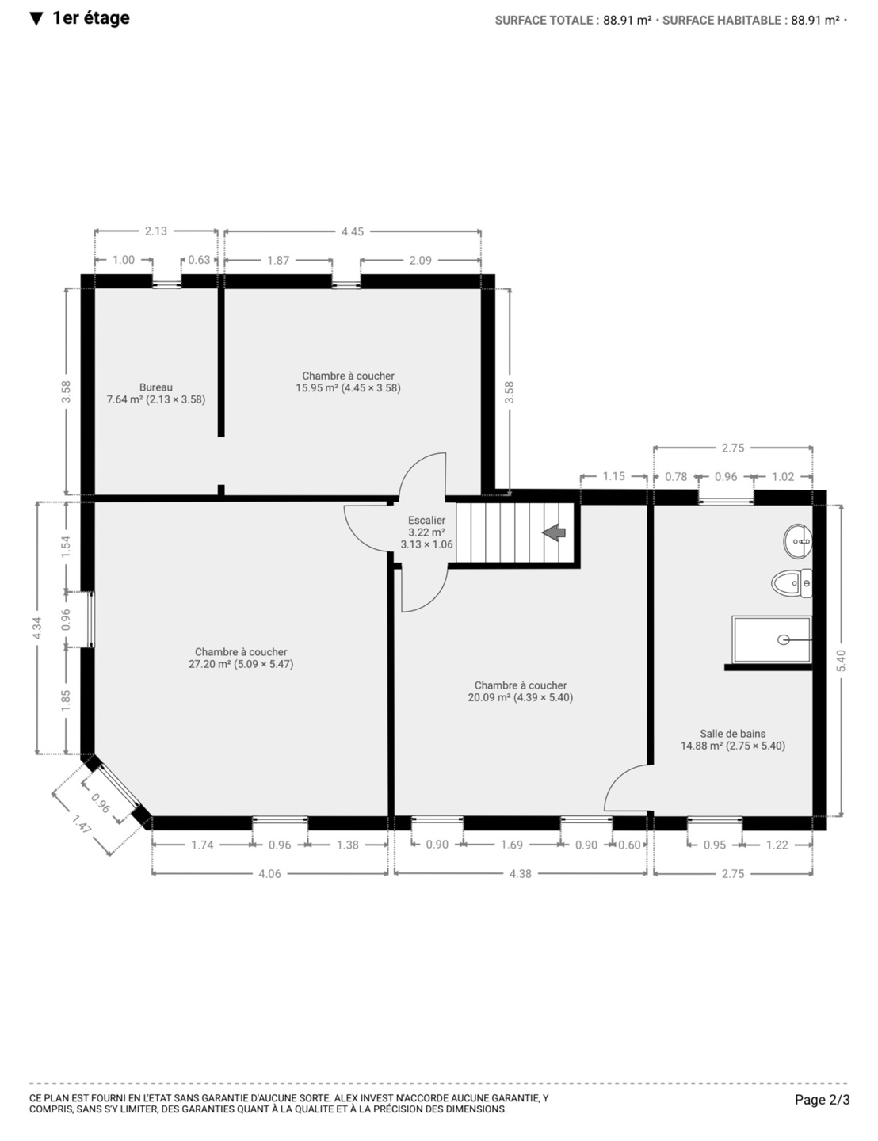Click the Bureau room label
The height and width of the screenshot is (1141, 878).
[x=156, y=387]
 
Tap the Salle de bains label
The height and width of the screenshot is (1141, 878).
[x=732, y=734]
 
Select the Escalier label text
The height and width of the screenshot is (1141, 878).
[x=426, y=520]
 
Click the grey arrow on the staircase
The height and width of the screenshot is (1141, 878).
[x=553, y=532]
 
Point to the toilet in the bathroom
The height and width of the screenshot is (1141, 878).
[x=792, y=583]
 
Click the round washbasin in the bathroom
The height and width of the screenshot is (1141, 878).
[x=798, y=541]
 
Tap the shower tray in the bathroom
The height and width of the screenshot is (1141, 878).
[x=771, y=639]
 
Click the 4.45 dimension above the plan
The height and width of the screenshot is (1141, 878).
[x=353, y=231]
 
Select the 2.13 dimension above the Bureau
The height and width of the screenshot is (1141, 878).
[x=155, y=231]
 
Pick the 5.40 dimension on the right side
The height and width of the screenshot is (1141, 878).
[x=841, y=661]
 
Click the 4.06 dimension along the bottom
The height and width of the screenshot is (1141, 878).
[x=269, y=873]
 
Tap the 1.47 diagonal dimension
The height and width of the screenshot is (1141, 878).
[x=82, y=824]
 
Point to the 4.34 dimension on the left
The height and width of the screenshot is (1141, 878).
[x=36, y=628]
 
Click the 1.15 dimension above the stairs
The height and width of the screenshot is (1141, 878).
[x=613, y=476]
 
